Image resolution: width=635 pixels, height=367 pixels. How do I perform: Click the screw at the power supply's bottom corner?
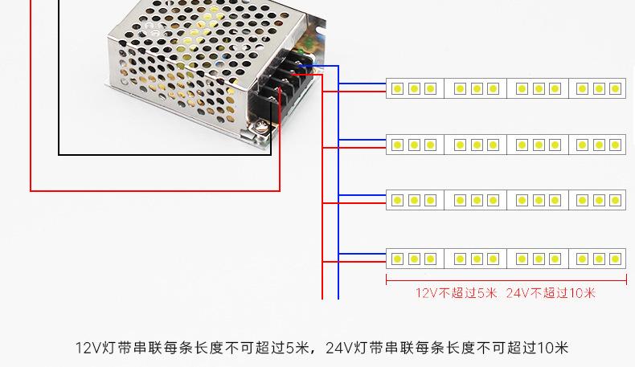260,127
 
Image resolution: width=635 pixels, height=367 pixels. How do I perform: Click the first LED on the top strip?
398,88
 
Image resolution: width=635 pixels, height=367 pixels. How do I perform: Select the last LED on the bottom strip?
615,259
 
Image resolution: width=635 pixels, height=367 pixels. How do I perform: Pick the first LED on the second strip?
398,145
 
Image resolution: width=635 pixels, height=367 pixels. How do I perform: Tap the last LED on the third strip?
615,200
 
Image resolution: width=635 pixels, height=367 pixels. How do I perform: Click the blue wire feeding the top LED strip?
362,84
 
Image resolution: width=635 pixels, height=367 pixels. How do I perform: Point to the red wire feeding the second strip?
354,148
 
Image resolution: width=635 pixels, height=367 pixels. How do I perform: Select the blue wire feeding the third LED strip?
362,195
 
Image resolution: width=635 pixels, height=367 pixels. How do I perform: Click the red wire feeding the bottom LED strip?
354,263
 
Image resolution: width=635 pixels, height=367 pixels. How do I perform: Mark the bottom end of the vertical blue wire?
338,299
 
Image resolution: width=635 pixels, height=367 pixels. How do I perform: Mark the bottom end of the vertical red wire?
322,299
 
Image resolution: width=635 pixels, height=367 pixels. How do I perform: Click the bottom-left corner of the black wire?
59,154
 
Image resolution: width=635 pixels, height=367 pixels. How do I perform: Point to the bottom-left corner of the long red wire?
31,190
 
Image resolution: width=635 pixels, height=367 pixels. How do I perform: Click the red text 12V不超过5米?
456,292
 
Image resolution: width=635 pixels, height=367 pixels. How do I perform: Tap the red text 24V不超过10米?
551,292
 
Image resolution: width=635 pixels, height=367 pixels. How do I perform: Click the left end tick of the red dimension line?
387,279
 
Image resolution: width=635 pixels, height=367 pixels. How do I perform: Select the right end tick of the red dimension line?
626,279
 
